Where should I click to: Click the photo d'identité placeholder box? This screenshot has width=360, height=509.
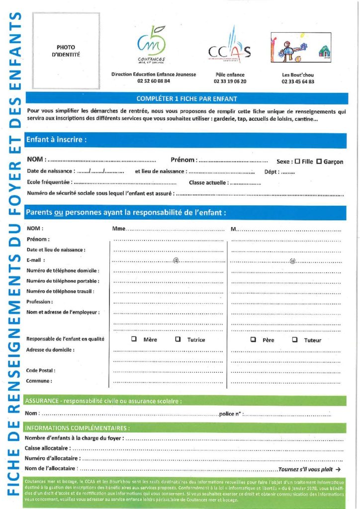[66, 51]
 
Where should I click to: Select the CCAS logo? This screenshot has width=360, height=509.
[230, 48]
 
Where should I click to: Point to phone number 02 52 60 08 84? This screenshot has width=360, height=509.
[154, 81]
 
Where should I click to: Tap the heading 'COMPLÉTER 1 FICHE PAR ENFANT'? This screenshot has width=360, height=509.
[186, 99]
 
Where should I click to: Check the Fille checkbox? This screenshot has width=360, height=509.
[297, 161]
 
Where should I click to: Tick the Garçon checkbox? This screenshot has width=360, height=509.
[319, 161]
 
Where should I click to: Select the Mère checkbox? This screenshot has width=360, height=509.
[134, 339]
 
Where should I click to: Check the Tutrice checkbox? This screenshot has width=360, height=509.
[178, 339]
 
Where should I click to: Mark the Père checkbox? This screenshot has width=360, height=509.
[253, 339]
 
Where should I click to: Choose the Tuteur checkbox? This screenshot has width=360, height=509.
[295, 339]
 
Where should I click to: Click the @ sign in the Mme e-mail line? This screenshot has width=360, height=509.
[176, 260]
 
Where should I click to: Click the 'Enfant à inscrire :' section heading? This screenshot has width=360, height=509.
[56, 140]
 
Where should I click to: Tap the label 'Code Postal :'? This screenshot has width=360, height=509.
[40, 370]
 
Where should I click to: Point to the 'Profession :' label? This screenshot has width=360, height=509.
[39, 302]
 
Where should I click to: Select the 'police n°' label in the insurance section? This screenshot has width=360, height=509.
[230, 414]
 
